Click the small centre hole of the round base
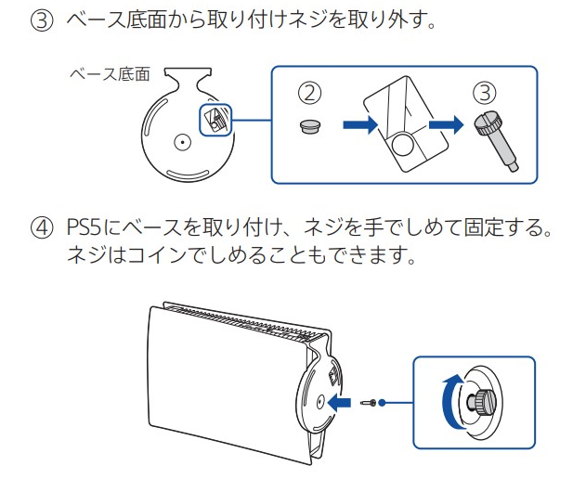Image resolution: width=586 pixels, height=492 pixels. [x=182, y=142]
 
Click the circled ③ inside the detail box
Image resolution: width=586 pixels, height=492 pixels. [x=484, y=93]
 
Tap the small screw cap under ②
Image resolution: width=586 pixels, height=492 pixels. [x=311, y=125]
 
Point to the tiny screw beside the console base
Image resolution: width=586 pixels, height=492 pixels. [x=372, y=402]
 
